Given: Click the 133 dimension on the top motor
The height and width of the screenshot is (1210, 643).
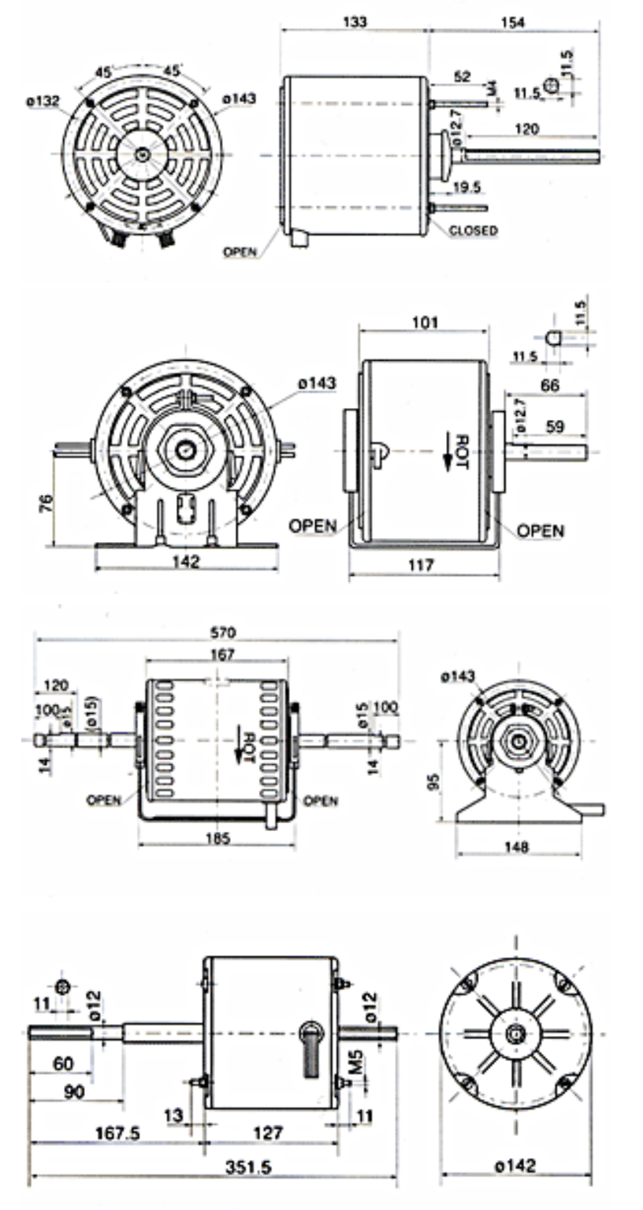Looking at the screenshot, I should [x=355, y=21].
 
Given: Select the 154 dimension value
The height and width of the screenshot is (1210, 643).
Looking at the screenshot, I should [x=515, y=21].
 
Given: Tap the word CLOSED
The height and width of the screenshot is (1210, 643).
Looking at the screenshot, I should [x=473, y=231].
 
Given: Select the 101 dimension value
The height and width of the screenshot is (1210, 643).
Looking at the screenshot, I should [x=424, y=322].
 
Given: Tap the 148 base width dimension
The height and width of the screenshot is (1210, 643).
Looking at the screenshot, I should [x=517, y=847].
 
